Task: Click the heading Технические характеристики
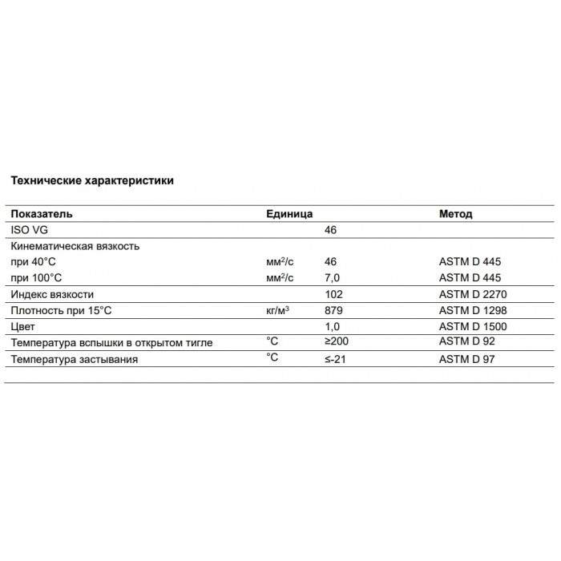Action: pos(91,180)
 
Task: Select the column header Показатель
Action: pos(41,215)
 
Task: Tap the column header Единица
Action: pos(289,215)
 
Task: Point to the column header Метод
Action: pos(456,215)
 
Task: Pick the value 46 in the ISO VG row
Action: pos(329,230)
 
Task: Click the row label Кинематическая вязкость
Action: pos(75,246)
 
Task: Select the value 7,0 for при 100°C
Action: pos(332,277)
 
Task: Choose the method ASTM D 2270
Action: pos(474,294)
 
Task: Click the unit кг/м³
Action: pos(277,310)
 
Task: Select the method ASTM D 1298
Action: pos(474,310)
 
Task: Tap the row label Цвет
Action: pos(23,327)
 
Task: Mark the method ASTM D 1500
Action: pos(474,327)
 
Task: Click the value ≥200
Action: pos(337,343)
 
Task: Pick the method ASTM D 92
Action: pos(468,343)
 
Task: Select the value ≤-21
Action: pos(336,359)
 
